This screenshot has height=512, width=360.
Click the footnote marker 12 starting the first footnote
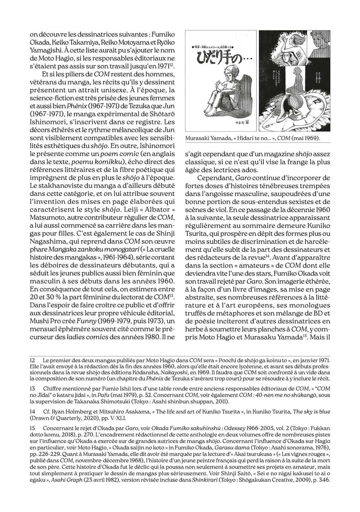point(33,359)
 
